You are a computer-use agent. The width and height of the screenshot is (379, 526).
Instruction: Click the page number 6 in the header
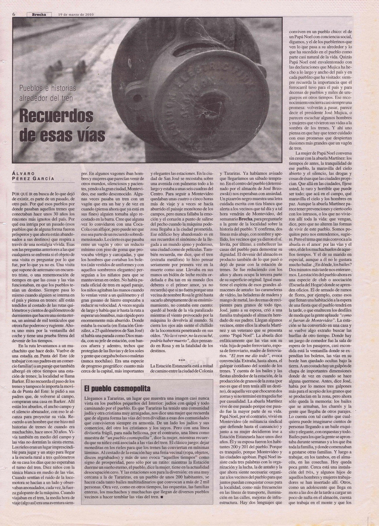pos(14,14)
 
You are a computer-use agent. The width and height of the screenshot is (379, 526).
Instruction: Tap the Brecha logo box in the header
pos(39,14)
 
